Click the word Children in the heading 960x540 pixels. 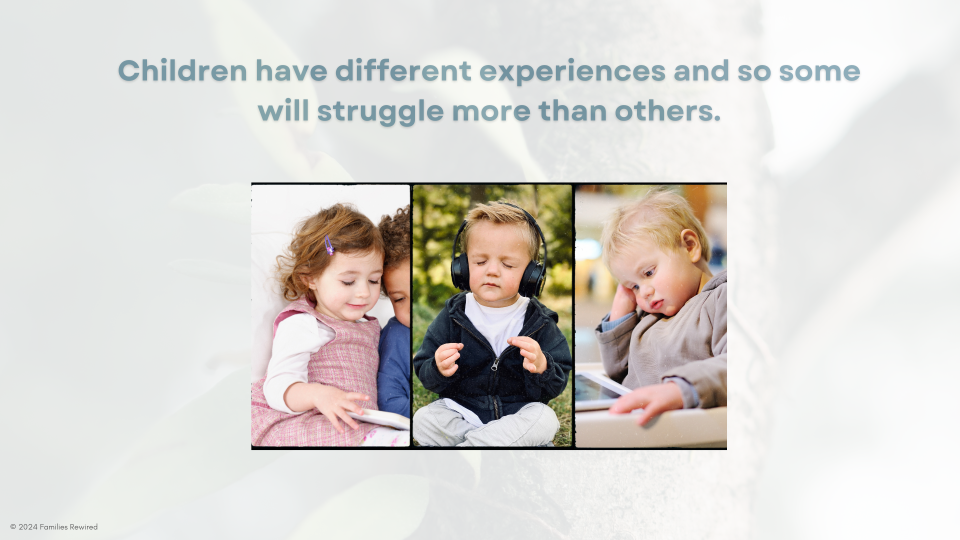pyautogui.click(x=182, y=70)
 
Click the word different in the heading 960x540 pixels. pyautogui.click(x=403, y=70)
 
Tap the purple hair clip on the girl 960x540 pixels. pyautogui.click(x=329, y=245)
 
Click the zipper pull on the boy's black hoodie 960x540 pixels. pyautogui.click(x=494, y=365)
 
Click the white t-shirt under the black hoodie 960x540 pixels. pyautogui.click(x=497, y=320)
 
